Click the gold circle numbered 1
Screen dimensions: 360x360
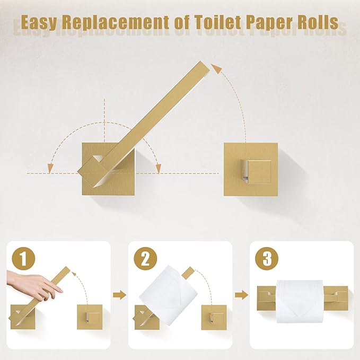(x=21, y=260)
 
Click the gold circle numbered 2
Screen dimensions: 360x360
(x=144, y=260)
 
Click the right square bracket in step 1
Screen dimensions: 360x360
(x=90, y=317)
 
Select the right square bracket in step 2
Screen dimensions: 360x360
(x=214, y=317)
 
